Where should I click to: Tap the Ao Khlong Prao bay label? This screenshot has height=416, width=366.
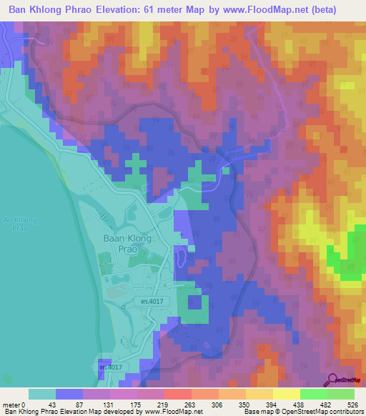(x=15, y=224)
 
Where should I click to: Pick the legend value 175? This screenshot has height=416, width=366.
(x=125, y=405)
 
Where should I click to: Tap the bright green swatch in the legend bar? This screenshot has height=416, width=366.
(x=314, y=394)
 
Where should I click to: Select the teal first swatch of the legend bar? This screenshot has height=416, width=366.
(x=41, y=394)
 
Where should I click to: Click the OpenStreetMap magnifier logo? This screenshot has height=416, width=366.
(x=332, y=380)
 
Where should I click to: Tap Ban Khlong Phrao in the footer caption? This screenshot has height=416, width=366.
(x=28, y=412)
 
